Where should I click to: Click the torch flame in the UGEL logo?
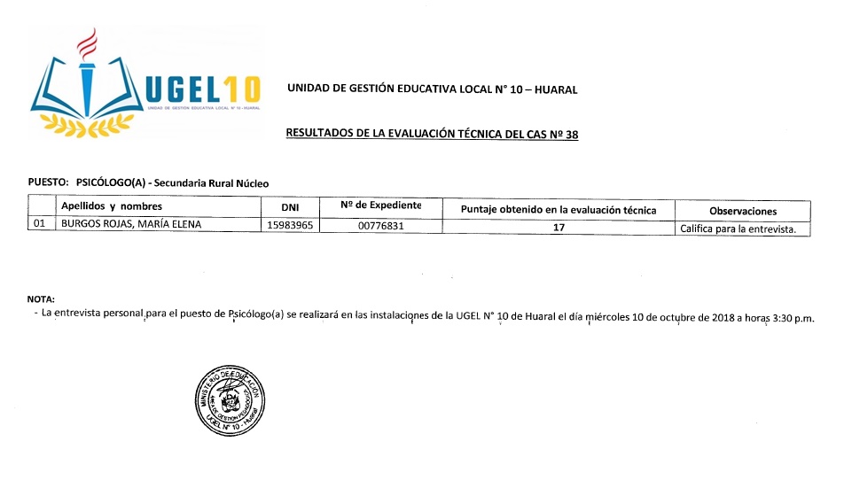tap(87, 41)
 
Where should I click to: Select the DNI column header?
tap(291, 208)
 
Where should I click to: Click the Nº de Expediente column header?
tap(380, 206)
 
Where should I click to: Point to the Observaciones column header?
tap(743, 211)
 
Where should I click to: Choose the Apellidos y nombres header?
tap(112, 206)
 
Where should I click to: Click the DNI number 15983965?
tap(291, 225)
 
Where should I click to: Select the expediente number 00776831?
tap(381, 226)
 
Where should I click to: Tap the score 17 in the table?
tap(559, 227)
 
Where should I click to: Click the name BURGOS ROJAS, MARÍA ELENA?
tap(130, 224)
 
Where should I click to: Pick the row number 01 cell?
tap(39, 224)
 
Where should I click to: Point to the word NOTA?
tap(41, 299)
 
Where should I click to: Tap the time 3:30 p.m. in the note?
tap(791, 318)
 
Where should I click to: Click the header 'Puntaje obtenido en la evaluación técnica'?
tap(559, 210)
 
